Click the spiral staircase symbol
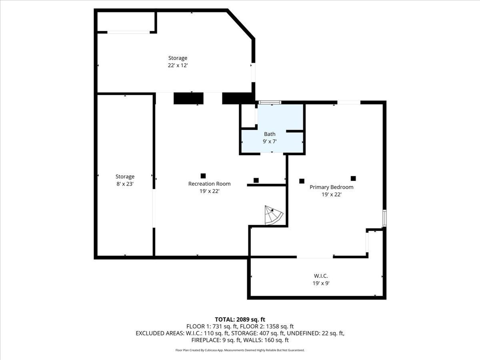tap(274, 216)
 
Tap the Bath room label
tap(270, 134)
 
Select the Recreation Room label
tap(209, 184)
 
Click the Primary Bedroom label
tap(331, 187)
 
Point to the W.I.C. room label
tap(321, 276)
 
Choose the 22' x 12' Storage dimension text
tap(178, 65)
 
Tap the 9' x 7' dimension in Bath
tap(270, 141)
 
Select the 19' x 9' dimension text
tap(321, 283)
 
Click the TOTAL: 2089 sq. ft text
tap(240, 319)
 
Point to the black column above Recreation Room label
tap(203, 176)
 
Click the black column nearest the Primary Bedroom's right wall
tap(353, 178)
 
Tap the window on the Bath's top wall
tap(270, 102)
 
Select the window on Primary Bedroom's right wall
tap(384, 218)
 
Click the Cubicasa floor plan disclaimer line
tap(240, 350)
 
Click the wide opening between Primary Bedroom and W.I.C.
tap(315, 257)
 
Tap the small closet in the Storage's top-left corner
tap(126, 22)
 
